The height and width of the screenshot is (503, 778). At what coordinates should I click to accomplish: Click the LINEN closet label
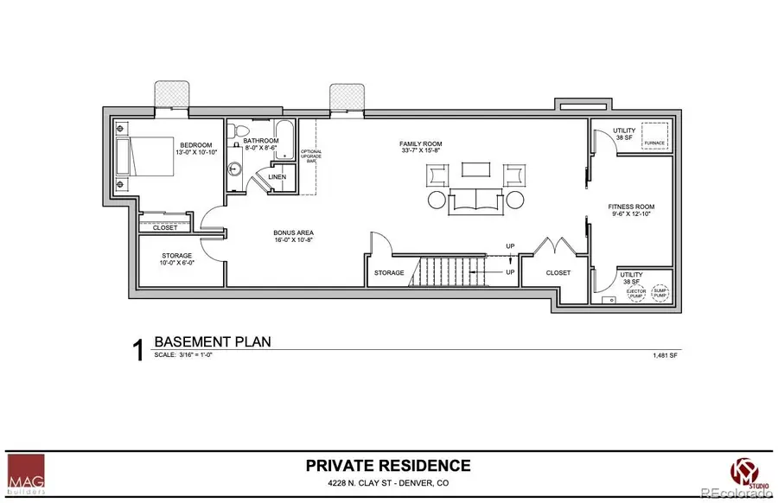click(x=277, y=177)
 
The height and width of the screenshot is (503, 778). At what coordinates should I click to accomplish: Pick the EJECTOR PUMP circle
click(x=635, y=294)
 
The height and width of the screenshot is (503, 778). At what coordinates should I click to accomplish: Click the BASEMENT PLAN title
click(x=212, y=341)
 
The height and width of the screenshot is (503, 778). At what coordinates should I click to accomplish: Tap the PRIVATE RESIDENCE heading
click(x=388, y=466)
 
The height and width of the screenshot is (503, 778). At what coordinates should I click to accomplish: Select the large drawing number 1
click(x=137, y=350)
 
